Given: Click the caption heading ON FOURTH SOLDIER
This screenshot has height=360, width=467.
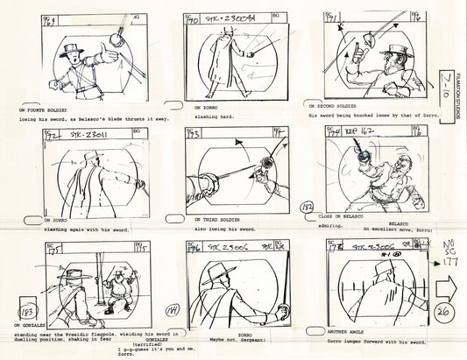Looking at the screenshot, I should click(x=40, y=109).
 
